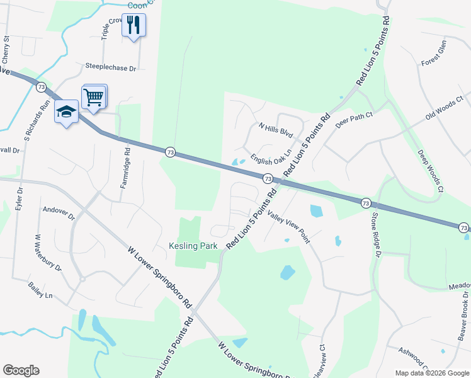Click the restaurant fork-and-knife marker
(133, 25)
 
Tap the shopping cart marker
(94, 97)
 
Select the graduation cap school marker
(66, 111)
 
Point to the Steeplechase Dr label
(111, 67)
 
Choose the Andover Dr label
(58, 213)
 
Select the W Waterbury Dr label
(48, 253)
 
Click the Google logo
(21, 370)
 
